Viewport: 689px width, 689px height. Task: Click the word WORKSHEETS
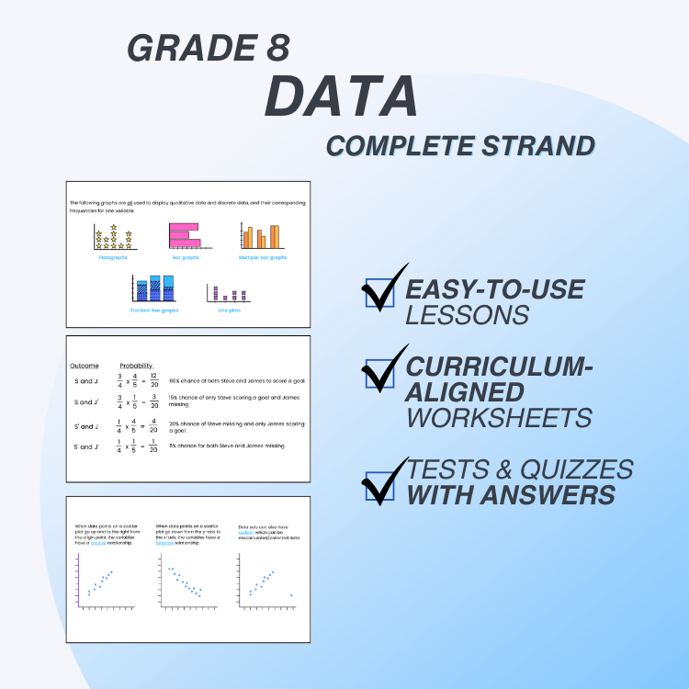click(499, 417)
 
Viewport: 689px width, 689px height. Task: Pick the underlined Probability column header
click(137, 366)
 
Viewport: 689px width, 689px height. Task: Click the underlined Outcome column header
click(85, 366)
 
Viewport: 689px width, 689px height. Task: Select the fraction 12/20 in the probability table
click(153, 379)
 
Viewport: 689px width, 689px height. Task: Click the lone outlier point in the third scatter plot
click(291, 595)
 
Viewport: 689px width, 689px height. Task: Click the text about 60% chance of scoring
click(237, 380)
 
